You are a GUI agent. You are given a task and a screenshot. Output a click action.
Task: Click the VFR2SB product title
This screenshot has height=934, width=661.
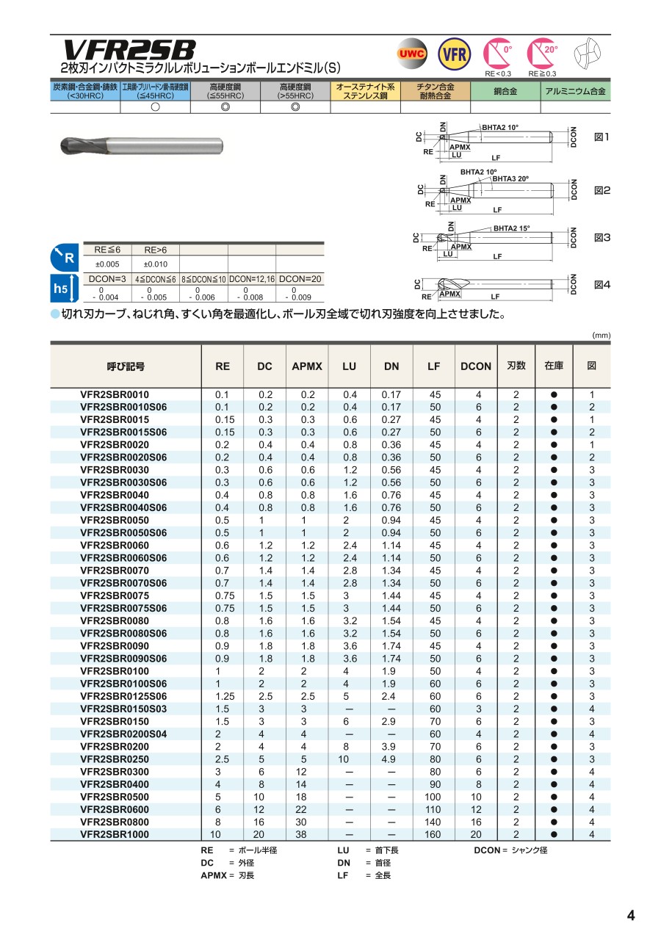pos(129,50)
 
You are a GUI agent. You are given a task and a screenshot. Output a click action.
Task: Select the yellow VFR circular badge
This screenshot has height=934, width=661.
pos(454,54)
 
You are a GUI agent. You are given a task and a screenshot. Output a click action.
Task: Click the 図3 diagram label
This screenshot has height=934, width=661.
pos(602,238)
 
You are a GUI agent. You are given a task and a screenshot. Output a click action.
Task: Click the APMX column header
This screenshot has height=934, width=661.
pos(307,366)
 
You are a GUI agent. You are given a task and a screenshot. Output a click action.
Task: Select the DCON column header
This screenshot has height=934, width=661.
pos(476,366)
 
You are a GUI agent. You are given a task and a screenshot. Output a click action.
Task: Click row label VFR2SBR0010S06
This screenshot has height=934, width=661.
pos(123,407)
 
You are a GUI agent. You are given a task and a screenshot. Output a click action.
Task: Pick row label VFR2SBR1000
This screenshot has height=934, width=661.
pos(114,834)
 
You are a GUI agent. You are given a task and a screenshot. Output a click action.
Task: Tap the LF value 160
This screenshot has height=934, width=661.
pos(434,834)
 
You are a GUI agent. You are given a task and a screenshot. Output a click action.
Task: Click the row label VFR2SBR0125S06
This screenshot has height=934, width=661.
pos(123,696)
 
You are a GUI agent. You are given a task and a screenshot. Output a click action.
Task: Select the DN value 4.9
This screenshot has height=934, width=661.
pos(391,759)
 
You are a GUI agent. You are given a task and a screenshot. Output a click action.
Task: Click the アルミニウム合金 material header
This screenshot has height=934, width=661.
pos(576,92)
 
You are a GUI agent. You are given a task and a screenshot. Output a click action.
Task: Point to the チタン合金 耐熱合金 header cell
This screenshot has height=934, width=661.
pos(435,92)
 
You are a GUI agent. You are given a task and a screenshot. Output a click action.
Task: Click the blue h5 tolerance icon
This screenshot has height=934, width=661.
pos(62,289)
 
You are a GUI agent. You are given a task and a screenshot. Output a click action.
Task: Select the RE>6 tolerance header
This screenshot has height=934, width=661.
pos(156,250)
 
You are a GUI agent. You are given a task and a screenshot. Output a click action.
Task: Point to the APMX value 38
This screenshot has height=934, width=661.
pos(307,834)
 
